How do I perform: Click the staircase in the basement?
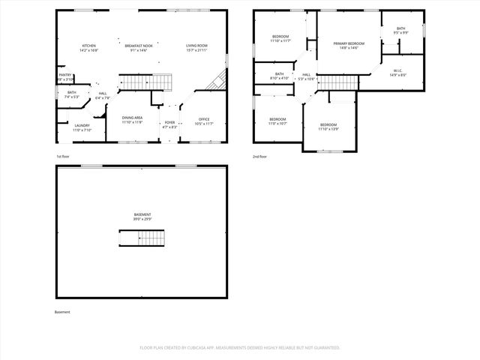(142, 238)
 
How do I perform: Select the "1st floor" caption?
(62, 157)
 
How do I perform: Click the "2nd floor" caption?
(260, 157)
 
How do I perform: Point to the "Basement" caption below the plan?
(62, 312)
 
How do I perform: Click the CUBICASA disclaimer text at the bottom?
(240, 347)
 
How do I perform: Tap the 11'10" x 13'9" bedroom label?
(328, 127)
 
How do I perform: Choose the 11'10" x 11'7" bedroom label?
(280, 38)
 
